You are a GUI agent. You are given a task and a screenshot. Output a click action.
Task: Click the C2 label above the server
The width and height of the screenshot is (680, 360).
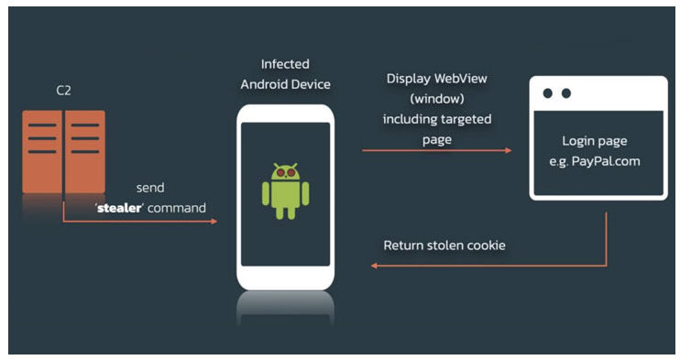pos(63,92)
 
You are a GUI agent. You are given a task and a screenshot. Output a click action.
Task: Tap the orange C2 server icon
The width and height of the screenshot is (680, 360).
pos(63,151)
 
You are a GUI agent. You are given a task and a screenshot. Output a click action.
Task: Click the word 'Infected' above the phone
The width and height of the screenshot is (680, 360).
pos(285,65)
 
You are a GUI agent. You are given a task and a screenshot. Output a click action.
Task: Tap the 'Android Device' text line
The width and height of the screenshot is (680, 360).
pos(285,84)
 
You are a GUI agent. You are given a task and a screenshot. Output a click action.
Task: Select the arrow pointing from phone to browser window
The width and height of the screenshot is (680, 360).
pos(436,149)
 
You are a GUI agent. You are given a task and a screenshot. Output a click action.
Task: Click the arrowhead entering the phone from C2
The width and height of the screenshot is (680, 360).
pos(225,222)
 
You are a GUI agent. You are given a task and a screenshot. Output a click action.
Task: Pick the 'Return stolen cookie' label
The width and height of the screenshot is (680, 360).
pos(444,245)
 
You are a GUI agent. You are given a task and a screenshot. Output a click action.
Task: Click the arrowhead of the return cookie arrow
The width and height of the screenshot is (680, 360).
pos(374,266)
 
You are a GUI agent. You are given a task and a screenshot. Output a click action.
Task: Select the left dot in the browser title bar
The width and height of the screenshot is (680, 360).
pos(548,93)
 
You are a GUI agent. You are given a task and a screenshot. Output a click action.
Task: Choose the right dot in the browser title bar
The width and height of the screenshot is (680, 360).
pos(566,93)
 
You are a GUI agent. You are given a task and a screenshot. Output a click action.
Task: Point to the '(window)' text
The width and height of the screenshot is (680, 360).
pos(436,99)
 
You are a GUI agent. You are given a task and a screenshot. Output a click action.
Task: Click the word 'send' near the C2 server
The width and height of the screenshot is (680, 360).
pos(149,188)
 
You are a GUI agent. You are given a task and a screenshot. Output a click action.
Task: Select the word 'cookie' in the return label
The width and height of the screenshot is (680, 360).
pos(485,245)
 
